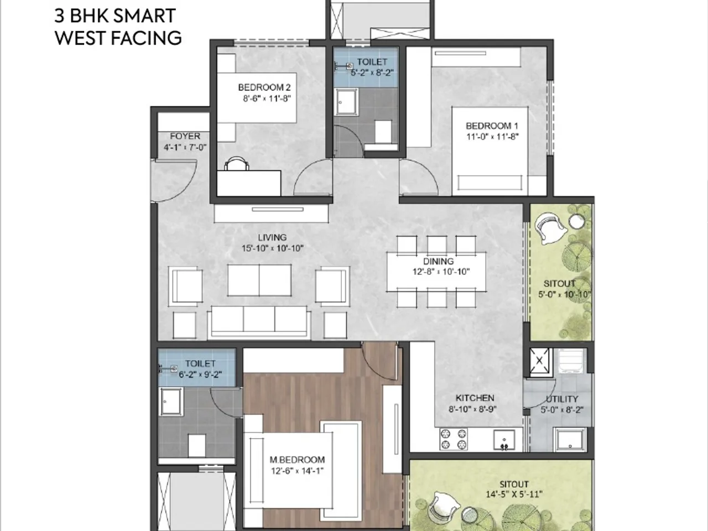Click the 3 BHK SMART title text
click(115, 15)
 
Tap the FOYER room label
click(185, 136)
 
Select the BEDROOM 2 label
click(264, 87)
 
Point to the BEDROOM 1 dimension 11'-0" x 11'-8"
click(492, 137)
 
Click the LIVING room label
click(272, 238)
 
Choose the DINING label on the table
click(438, 261)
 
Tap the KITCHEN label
click(475, 398)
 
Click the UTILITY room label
click(561, 399)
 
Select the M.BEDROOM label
click(297, 460)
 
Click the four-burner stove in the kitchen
click(453, 439)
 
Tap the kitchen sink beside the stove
click(504, 440)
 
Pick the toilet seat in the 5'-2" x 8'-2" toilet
click(383, 132)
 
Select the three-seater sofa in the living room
click(259, 321)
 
